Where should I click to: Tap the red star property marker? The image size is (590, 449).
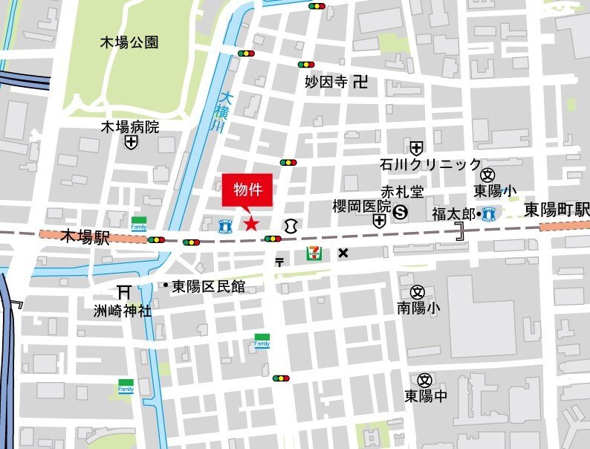click(251, 223)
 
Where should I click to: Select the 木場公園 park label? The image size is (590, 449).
click(129, 42)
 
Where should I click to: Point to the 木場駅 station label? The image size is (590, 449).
click(85, 239)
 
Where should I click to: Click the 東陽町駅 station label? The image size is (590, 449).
click(556, 209)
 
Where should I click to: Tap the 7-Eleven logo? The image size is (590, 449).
click(314, 253)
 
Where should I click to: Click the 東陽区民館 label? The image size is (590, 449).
click(208, 286)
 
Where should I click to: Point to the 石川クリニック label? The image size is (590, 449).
click(430, 164)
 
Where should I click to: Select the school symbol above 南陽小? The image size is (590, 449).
click(417, 291)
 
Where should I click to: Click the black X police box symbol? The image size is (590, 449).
click(343, 253)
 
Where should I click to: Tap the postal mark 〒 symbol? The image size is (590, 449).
click(279, 261)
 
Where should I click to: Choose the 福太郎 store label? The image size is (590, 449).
click(453, 214)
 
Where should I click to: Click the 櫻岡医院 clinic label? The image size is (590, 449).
click(361, 206)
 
